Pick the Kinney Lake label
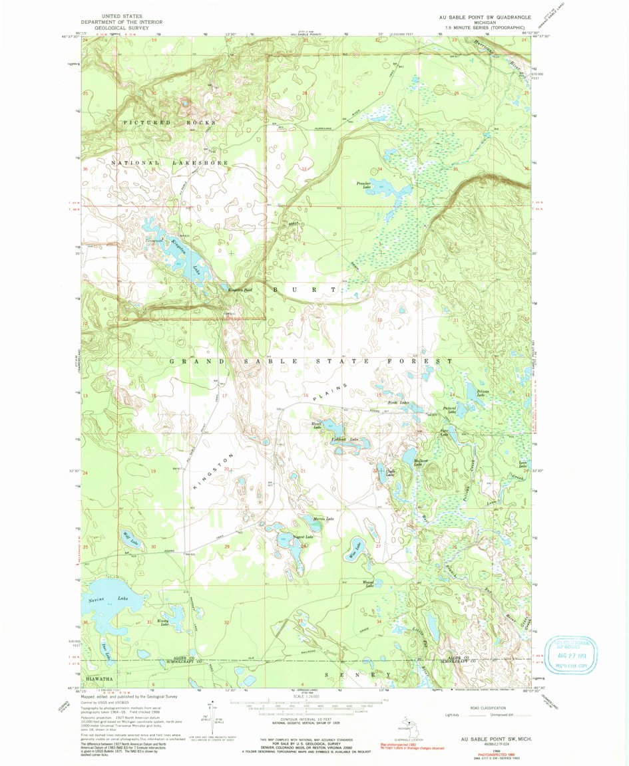(x=162, y=622)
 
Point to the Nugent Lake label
(x=303, y=536)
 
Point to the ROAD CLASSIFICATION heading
(x=486, y=708)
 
